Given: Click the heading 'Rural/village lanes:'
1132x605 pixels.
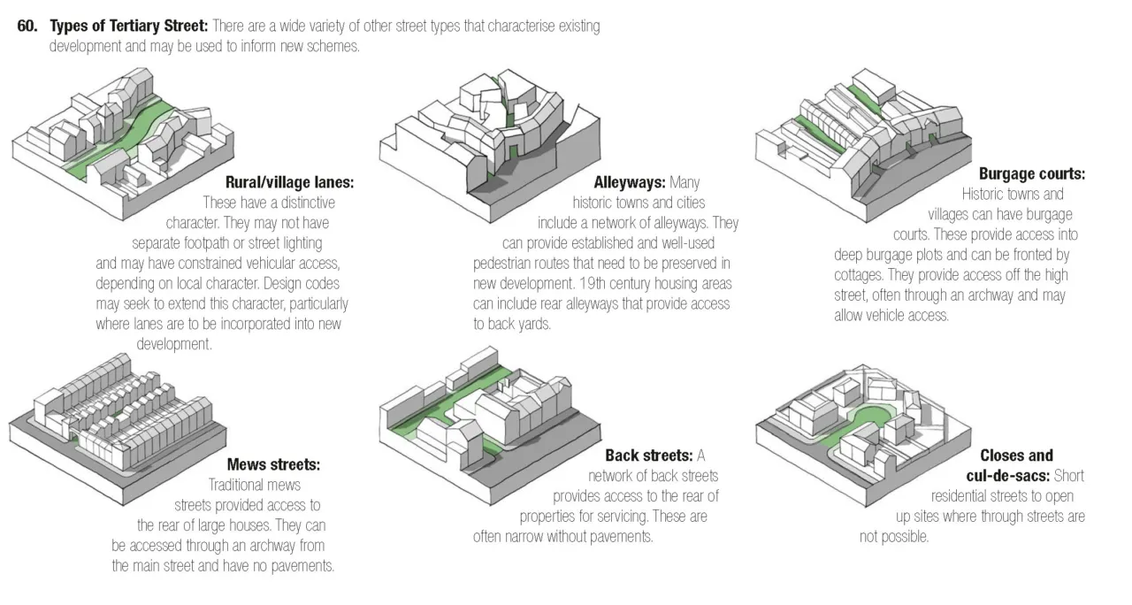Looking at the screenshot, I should [289, 183].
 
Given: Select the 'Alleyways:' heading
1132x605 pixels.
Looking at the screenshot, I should [629, 183].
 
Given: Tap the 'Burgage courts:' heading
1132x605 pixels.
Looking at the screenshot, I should [1031, 174].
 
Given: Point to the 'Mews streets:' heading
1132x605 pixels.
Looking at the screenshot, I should [273, 464].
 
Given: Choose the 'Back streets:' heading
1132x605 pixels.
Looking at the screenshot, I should [648, 456].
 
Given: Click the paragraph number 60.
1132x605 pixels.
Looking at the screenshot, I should [27, 26].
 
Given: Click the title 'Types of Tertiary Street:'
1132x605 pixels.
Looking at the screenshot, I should [128, 26].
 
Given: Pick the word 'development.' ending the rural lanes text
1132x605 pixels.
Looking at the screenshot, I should [174, 344].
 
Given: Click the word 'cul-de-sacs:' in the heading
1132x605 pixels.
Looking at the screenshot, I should [1007, 476].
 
